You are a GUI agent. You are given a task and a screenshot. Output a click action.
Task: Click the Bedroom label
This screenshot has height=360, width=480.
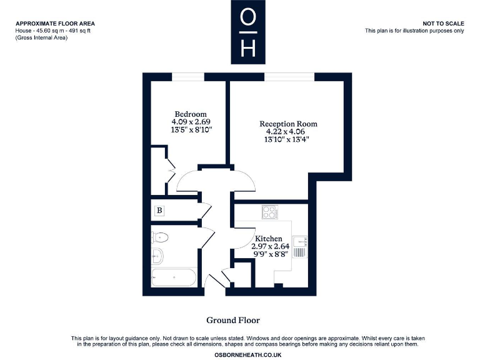click(191, 114)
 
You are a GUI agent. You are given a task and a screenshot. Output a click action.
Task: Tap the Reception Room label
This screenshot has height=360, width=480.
click(288, 124)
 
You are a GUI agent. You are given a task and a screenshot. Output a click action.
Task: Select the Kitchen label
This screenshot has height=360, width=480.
click(268, 239)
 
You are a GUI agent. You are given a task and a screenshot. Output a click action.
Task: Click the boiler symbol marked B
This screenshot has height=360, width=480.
click(159, 211)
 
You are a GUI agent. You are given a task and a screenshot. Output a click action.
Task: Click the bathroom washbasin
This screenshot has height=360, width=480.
click(156, 256)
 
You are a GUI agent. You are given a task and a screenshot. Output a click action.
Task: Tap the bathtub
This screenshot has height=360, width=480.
click(174, 277)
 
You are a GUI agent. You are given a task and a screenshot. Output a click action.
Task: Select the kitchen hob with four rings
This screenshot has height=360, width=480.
click(271, 212)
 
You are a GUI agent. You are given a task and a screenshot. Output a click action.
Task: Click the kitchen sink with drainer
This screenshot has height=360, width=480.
click(301, 247)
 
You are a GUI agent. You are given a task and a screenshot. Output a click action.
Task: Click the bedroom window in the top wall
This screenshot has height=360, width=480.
click(187, 77)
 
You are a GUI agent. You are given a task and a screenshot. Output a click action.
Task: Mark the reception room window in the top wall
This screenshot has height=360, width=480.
click(289, 77)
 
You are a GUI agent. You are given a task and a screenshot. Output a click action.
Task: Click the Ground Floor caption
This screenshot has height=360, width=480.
click(233, 321)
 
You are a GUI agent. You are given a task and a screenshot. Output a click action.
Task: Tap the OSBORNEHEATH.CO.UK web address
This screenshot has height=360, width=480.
click(240, 354)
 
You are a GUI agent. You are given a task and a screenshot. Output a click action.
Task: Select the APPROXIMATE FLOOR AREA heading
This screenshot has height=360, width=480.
click(55, 24)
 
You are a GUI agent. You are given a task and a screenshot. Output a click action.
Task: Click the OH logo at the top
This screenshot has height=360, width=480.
click(248, 31)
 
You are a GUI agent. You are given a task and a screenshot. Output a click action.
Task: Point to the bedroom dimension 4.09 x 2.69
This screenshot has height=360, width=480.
click(191, 122)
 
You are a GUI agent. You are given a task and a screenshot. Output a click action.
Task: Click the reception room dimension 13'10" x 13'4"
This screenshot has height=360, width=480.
click(288, 139)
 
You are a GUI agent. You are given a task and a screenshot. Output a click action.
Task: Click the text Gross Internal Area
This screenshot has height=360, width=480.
click(42, 38)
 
